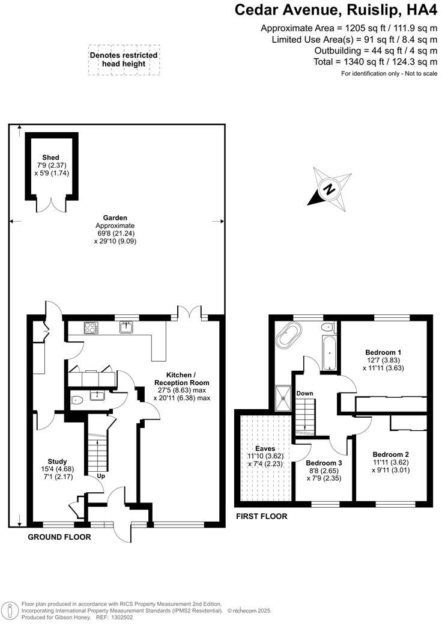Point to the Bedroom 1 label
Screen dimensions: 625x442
(383, 352)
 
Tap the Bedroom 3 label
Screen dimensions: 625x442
(324, 463)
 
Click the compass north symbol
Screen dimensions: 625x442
(329, 190)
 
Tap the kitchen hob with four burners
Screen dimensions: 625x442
(91, 328)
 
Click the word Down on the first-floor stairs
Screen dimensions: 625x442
(304, 394)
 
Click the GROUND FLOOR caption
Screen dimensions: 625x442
(59, 537)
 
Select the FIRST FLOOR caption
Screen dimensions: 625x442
(261, 516)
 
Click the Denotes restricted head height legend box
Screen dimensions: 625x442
(124, 59)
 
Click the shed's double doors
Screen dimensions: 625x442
(50, 204)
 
